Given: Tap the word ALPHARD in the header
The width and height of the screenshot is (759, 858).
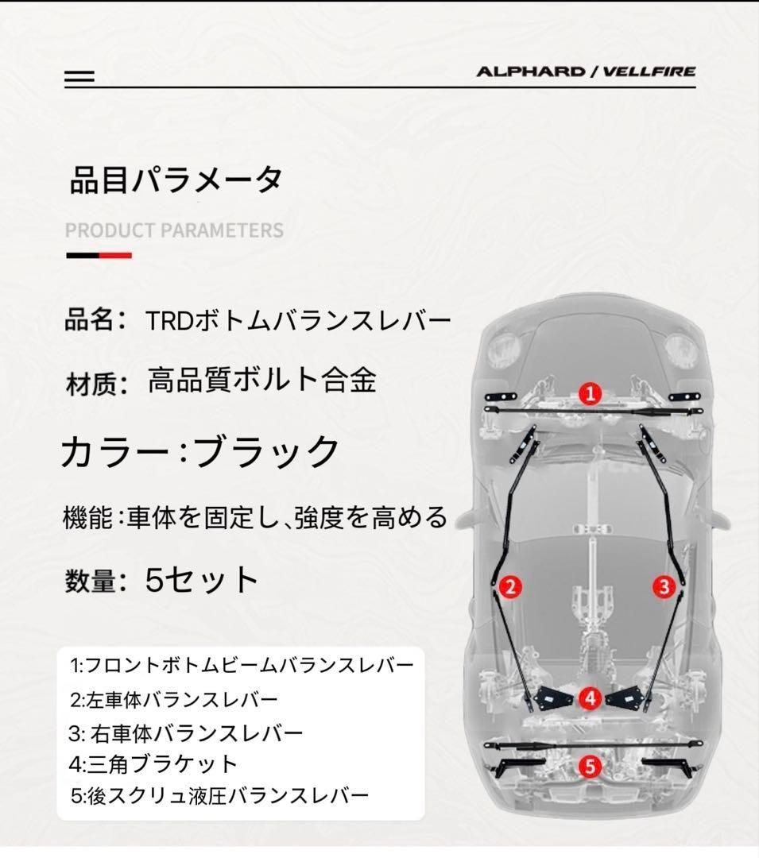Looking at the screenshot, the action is (x=530, y=71).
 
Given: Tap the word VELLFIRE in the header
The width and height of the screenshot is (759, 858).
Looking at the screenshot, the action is (x=649, y=71).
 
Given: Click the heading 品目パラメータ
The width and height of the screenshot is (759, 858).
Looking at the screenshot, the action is (x=176, y=180).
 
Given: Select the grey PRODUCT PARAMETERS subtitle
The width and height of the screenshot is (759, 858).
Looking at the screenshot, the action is (x=174, y=230).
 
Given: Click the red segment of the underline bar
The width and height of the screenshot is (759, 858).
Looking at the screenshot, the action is (x=115, y=256).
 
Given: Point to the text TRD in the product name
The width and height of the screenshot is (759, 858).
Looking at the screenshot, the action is (x=169, y=321).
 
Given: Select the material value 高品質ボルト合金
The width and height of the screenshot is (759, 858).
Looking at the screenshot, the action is (x=262, y=381).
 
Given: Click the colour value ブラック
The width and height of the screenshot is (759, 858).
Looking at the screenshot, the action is (x=266, y=451).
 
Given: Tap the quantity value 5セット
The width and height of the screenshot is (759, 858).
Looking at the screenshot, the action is (x=201, y=580).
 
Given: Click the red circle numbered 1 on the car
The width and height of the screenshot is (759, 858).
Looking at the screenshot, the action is (x=590, y=393).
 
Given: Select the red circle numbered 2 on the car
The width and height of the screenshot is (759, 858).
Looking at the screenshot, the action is (x=510, y=587).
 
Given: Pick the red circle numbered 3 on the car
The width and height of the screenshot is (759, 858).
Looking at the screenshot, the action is (x=664, y=587).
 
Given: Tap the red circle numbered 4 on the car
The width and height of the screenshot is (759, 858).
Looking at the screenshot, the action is (x=590, y=698).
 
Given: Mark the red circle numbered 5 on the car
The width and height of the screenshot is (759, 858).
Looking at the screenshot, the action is (x=590, y=767).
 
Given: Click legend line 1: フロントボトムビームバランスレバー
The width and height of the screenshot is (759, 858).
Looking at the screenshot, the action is (x=242, y=666).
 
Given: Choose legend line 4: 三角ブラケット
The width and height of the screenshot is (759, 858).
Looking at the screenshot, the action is (x=153, y=764).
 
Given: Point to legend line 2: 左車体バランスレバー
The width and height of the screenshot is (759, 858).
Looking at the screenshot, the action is (x=174, y=699).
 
